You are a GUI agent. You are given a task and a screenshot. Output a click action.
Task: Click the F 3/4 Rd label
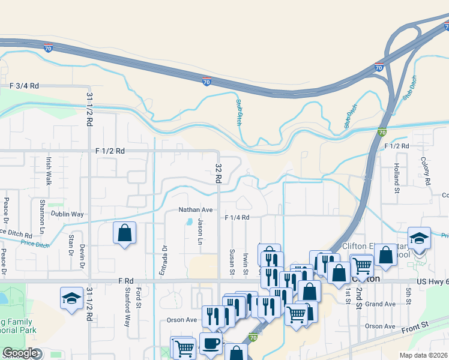point(24,86)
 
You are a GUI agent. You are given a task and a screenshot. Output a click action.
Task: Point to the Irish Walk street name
point(49,172)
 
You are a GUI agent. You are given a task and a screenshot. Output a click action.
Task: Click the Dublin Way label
point(67,214)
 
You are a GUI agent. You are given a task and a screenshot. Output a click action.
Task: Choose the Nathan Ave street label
point(195,210)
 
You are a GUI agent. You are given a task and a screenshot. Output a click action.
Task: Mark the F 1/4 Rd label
point(237,218)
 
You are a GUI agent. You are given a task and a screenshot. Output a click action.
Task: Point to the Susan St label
point(232,262)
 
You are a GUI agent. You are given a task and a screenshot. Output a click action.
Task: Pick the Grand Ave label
point(381,304)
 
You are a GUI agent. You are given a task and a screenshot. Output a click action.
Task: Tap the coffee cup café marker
point(210,343)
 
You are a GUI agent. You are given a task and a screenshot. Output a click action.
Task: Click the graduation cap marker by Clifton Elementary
point(419,238)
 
